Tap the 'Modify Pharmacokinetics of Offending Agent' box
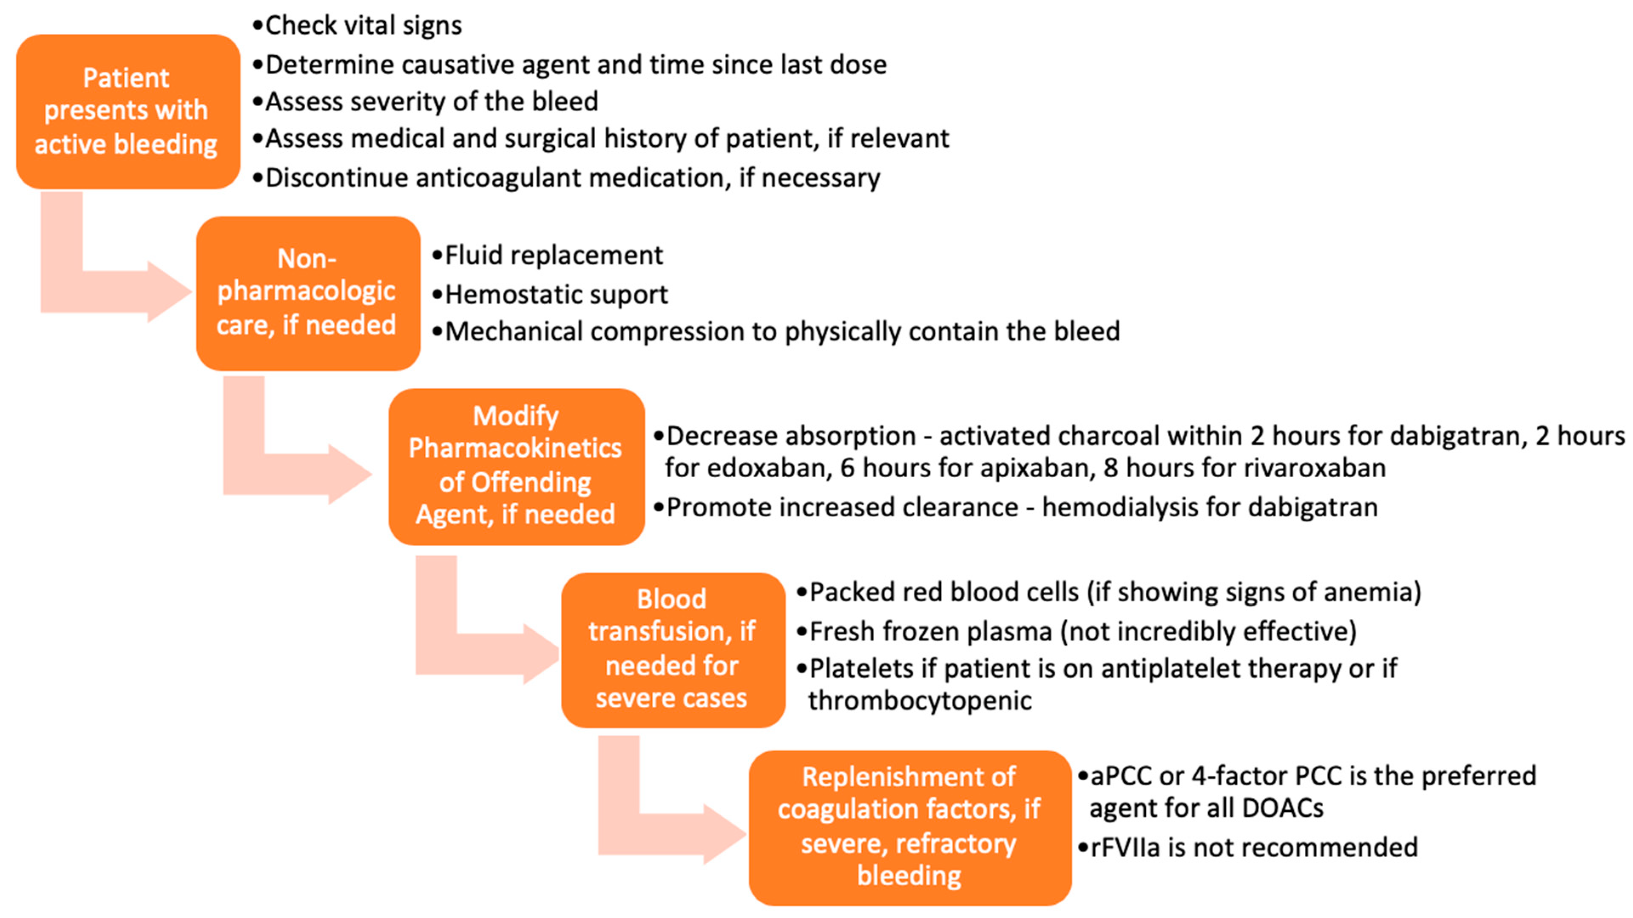[516, 466]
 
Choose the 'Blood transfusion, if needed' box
[673, 649]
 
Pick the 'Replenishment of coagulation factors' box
[909, 827]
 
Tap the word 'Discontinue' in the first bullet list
[336, 178]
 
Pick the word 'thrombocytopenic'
[919, 701]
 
